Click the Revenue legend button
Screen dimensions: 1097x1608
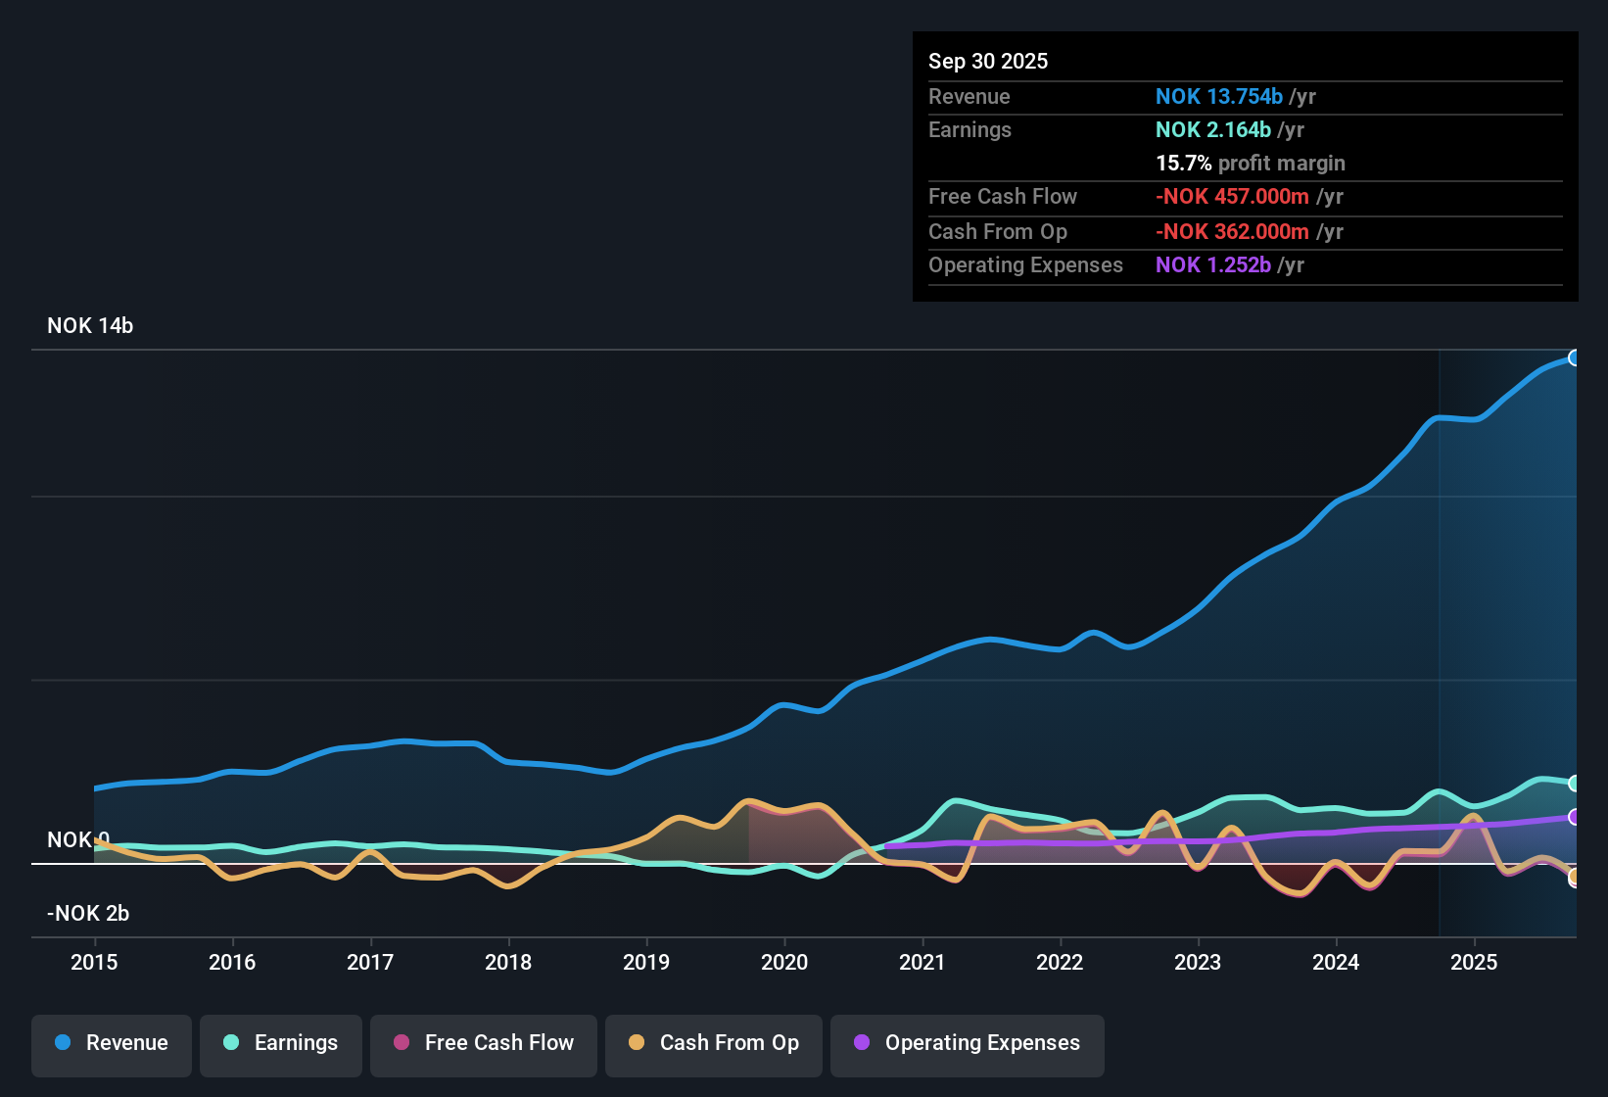[x=112, y=1043]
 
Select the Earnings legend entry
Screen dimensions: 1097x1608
[x=281, y=1043]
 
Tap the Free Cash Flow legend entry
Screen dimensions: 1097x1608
[x=484, y=1043]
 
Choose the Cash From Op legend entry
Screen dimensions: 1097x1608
[x=714, y=1043]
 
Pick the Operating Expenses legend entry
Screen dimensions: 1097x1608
[x=968, y=1043]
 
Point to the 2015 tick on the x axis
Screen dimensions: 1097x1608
[x=94, y=962]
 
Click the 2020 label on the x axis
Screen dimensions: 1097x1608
[x=784, y=962]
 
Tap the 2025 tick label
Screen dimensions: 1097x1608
[x=1474, y=962]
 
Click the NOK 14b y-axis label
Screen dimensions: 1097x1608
[x=90, y=326]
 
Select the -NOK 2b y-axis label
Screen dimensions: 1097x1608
[x=88, y=914]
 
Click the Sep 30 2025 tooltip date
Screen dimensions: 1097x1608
[x=988, y=62]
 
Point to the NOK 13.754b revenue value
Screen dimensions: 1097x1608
[x=1218, y=97]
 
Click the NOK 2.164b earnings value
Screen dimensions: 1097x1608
[x=1212, y=130]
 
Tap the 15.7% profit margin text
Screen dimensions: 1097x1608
[x=1250, y=164]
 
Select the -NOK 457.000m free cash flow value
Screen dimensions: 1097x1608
[x=1232, y=197]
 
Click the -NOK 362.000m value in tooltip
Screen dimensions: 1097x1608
[x=1232, y=232]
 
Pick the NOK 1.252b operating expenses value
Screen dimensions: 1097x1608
[x=1212, y=265]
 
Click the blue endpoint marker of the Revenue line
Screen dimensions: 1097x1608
[x=1574, y=358]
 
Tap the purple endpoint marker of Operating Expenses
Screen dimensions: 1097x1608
[x=1574, y=817]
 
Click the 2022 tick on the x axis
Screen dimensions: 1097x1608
[x=1060, y=962]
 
